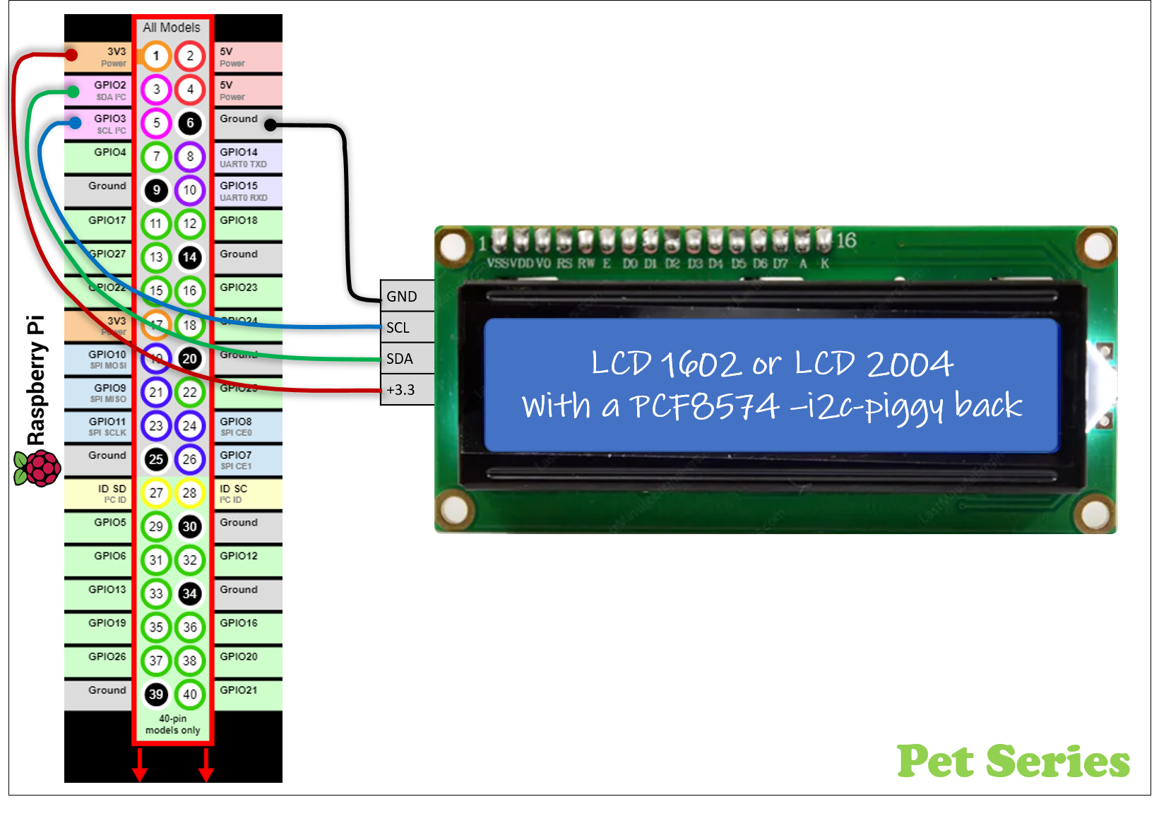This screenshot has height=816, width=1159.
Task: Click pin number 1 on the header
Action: click(x=156, y=56)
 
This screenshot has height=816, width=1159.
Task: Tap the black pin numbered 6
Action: click(x=189, y=123)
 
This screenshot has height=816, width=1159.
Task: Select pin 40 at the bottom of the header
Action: click(x=189, y=694)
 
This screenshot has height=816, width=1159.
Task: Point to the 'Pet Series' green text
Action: click(x=1013, y=761)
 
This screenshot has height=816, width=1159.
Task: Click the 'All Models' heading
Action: click(x=172, y=28)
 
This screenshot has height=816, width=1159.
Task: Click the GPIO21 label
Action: click(x=239, y=690)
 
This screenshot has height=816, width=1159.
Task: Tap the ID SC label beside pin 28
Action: click(x=234, y=493)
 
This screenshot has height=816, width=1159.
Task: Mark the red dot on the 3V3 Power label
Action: click(x=71, y=54)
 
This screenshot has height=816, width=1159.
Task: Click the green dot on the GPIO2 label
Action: click(x=73, y=91)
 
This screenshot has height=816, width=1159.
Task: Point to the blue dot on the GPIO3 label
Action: click(x=75, y=123)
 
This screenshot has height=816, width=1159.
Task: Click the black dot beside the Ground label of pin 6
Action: click(x=270, y=125)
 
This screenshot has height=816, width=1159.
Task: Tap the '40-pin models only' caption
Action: click(x=173, y=724)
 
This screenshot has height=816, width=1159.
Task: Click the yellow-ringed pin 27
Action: click(x=156, y=492)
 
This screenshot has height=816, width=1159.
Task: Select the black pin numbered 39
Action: click(x=156, y=694)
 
